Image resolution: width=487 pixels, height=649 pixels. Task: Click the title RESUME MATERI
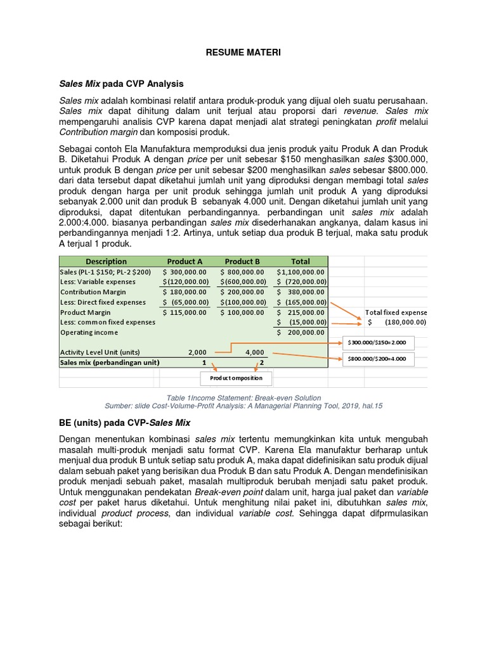(x=243, y=53)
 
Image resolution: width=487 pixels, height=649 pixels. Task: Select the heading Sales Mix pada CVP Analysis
(x=121, y=83)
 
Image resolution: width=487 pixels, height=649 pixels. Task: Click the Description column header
(x=106, y=261)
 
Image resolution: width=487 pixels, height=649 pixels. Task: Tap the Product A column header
(x=185, y=261)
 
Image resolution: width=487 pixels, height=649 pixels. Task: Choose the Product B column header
(x=242, y=261)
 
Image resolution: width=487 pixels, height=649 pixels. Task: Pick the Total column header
(x=301, y=261)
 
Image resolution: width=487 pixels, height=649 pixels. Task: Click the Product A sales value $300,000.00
(x=185, y=272)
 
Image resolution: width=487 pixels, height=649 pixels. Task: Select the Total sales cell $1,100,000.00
(x=302, y=272)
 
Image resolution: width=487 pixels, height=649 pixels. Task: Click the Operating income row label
(x=89, y=332)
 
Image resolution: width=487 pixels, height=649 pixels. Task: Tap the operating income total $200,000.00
(x=302, y=332)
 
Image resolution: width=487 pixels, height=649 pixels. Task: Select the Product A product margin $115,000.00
(x=185, y=312)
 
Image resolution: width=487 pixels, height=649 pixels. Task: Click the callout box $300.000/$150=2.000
(x=377, y=343)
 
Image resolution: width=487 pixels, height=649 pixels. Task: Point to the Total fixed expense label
(x=396, y=312)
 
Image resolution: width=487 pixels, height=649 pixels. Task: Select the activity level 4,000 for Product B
(x=254, y=352)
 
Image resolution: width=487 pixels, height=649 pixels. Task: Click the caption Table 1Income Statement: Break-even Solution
(x=243, y=397)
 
